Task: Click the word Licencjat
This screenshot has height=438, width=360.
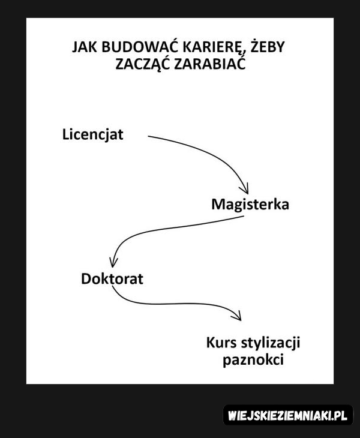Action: [x=92, y=134]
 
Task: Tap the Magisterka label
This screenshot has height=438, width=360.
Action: [x=250, y=204]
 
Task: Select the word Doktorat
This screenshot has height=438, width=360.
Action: [x=112, y=278]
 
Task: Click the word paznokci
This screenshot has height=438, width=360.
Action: [x=253, y=360]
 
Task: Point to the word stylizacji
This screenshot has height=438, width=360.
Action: [x=271, y=343]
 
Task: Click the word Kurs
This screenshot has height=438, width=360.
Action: [x=221, y=343]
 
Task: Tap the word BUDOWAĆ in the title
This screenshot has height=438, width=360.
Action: [x=140, y=47]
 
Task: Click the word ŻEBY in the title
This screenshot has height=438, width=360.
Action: [x=267, y=46]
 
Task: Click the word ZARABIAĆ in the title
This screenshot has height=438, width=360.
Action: [x=210, y=64]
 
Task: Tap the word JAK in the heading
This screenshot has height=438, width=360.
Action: [x=85, y=47]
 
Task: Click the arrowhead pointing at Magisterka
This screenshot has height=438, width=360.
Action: [x=245, y=190]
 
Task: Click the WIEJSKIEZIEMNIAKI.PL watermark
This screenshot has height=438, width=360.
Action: [x=287, y=415]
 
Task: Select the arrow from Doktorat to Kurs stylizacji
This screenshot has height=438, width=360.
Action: [x=173, y=304]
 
